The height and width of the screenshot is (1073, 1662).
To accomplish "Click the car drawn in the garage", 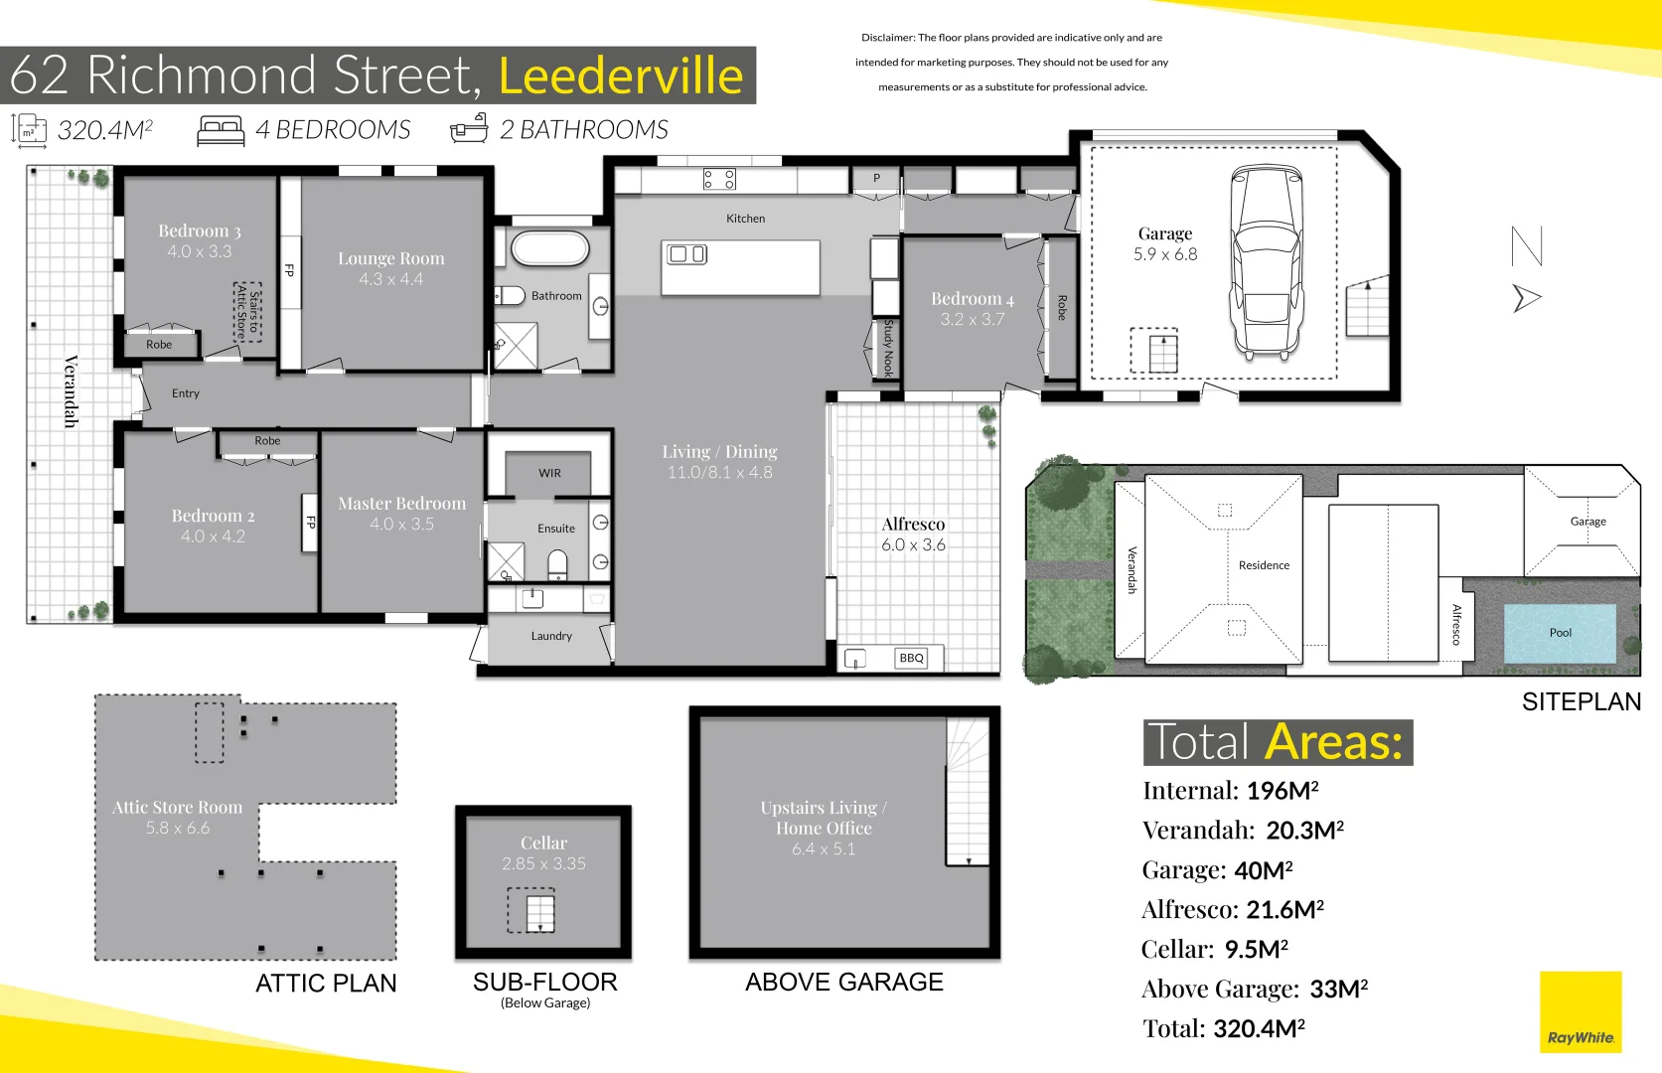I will tap(1265, 263).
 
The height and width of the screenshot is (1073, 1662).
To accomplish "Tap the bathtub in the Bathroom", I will tap(549, 248).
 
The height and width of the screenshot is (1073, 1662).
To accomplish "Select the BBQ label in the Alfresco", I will tap(911, 658).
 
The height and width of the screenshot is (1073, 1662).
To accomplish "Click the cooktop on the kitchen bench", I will tap(719, 179).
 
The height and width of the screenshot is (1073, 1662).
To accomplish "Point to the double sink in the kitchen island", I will tap(686, 254).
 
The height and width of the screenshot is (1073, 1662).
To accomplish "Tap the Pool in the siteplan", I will tap(1560, 633).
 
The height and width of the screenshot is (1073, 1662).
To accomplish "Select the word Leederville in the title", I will tap(621, 76).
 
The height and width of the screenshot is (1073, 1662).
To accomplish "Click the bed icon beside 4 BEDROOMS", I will tap(221, 131).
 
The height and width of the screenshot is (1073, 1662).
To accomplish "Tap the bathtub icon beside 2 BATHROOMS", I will tap(470, 129).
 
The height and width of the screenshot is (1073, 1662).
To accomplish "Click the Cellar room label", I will tap(543, 843).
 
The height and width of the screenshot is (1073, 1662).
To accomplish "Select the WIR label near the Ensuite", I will tap(549, 473).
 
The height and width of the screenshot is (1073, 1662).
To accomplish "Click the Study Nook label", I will tap(888, 348).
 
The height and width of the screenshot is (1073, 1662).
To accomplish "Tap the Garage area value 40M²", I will tap(1263, 870).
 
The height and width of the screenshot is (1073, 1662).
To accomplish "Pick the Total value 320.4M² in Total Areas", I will tap(1259, 1028).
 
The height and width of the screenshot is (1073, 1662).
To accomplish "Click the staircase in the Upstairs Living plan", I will tap(967, 795).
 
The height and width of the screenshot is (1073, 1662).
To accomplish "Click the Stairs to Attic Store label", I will tap(247, 312).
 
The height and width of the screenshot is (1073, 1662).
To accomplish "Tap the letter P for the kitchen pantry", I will tap(876, 179).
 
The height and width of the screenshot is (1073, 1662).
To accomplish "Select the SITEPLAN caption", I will tap(1581, 701).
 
